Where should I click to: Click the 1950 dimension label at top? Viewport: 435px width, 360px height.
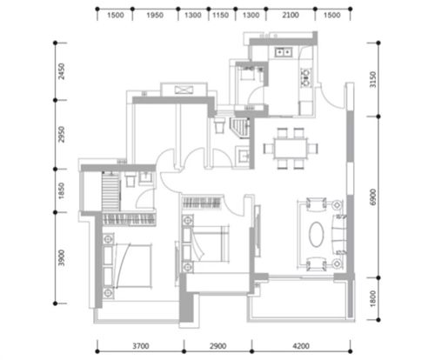coord(155,15)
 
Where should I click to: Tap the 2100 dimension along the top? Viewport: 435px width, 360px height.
coord(291,15)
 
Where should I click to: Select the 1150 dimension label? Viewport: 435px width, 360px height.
coord(221,15)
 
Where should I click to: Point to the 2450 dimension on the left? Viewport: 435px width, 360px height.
coord(62,71)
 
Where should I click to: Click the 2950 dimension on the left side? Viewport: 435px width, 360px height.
coord(62,134)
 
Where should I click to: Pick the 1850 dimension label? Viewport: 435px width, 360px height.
coord(62,190)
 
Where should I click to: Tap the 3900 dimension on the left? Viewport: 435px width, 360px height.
coord(62,257)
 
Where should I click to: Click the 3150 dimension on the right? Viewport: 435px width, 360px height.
coord(373,79)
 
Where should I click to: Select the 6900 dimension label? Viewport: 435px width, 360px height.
coord(373,197)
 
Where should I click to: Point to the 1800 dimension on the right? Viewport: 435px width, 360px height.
coord(373,298)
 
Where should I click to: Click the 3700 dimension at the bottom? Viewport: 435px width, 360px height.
coord(141,346)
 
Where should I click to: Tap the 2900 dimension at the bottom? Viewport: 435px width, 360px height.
coord(217,346)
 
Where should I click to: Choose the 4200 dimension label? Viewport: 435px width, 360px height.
coord(301,346)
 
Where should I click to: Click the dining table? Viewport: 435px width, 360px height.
coord(291,149)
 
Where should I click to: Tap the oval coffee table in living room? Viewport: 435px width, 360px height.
coord(316,234)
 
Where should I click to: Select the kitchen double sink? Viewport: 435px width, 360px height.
coord(283,52)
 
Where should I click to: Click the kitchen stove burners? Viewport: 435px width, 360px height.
coord(306,77)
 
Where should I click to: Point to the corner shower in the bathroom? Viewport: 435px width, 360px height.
coord(240,128)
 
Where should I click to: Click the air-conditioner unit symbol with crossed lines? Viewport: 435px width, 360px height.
coord(184,90)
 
